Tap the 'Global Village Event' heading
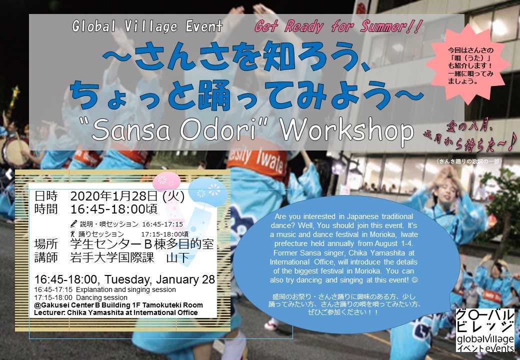(x=147, y=26)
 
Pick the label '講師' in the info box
(x=46, y=258)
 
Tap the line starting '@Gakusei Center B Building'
(x=118, y=305)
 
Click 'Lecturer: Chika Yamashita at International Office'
(x=116, y=312)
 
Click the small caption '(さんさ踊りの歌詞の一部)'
(x=468, y=161)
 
